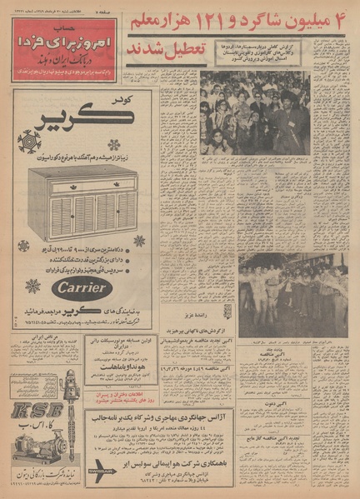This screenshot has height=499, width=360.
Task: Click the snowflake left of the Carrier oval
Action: coord(32,286)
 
